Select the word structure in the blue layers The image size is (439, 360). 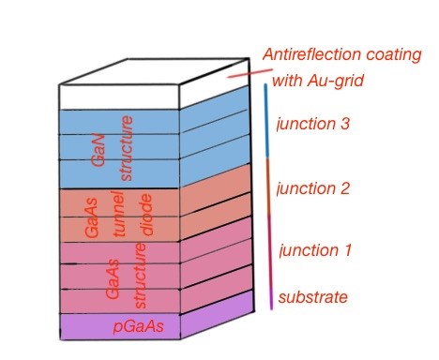pyautogui.click(x=129, y=147)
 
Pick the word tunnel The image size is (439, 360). pyautogui.click(x=119, y=218)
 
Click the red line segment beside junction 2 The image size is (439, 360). pyautogui.click(x=269, y=192)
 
